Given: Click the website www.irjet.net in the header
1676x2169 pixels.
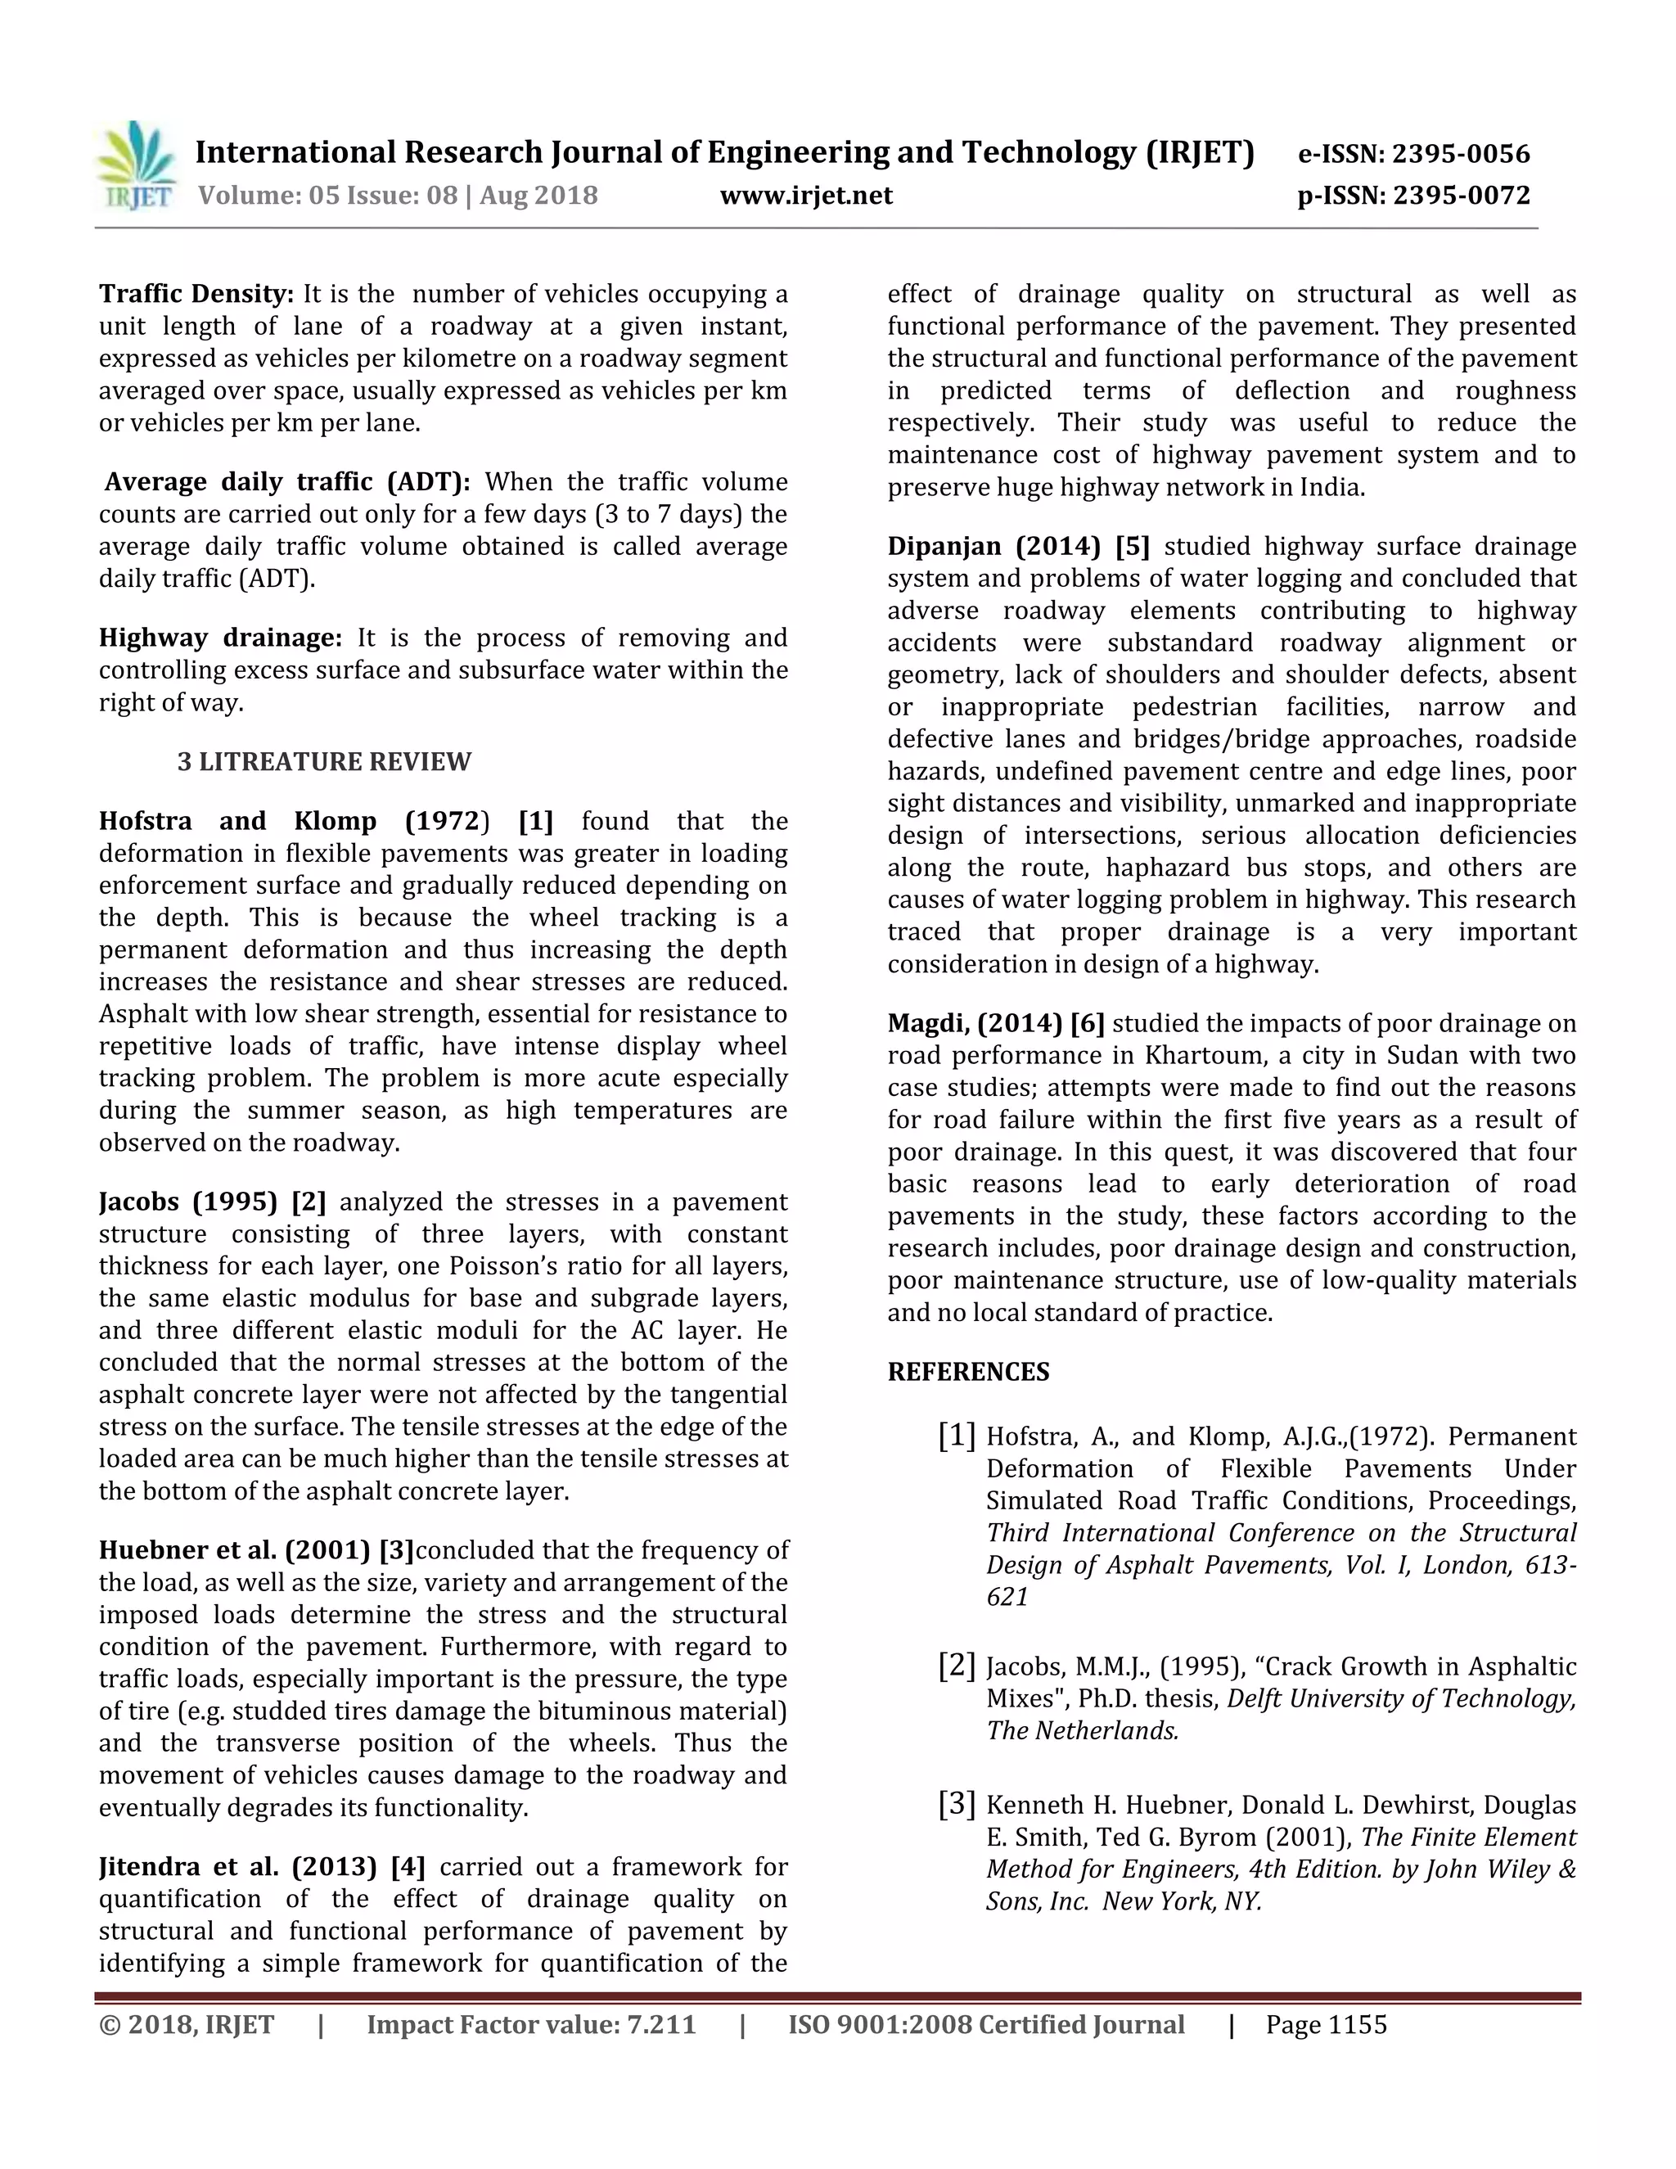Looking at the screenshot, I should (805, 195).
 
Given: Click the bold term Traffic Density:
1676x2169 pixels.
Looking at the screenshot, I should (196, 294).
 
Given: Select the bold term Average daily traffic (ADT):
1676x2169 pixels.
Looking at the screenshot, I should (288, 481).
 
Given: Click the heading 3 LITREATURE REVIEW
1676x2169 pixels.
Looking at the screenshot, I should (324, 762).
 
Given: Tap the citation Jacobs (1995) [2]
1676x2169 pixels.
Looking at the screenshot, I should (213, 1202).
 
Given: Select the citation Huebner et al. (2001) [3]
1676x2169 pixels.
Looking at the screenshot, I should (256, 1550).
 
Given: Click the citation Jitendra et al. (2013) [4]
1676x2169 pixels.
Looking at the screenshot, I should (262, 1867).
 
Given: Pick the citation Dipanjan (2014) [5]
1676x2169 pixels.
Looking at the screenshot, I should (1018, 546).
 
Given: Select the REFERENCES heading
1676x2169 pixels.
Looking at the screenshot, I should (968, 1372).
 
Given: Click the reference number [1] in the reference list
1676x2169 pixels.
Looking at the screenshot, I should (956, 1436).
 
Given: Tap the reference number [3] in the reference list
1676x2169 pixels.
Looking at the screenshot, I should (956, 1805).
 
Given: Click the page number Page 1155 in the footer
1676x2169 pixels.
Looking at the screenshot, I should (1326, 2026).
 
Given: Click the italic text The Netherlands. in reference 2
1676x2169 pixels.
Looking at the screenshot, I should (1081, 1731).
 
